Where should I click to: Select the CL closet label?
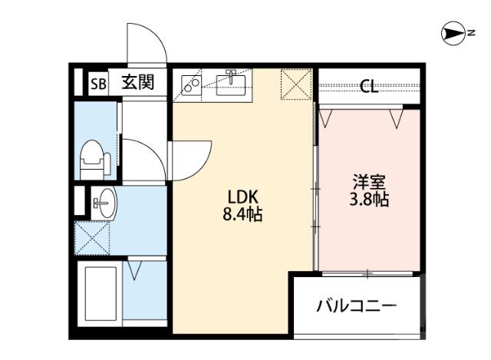point(369,87)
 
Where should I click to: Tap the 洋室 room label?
point(368,183)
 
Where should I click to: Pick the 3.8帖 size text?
point(368,200)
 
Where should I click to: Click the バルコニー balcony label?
point(357,307)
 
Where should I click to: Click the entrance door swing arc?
point(147,42)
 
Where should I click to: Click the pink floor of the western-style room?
point(368,230)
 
